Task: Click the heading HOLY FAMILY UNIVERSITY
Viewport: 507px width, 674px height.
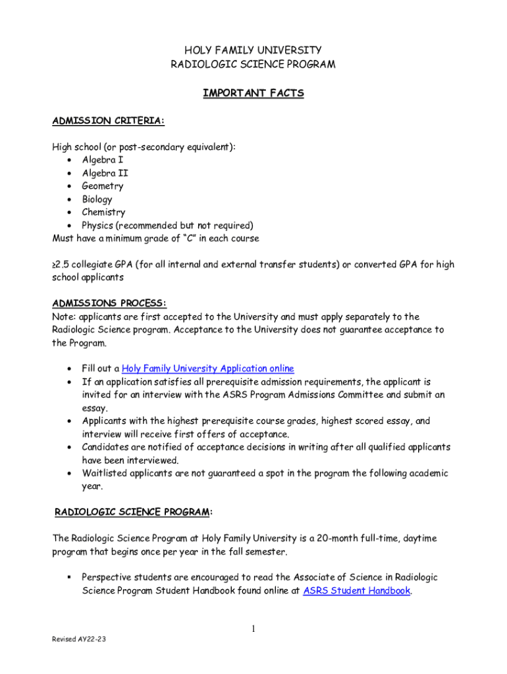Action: [253, 50]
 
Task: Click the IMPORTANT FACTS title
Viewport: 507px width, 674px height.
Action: [253, 93]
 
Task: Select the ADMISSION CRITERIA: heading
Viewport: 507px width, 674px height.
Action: [108, 121]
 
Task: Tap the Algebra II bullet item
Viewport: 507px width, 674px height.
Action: [105, 173]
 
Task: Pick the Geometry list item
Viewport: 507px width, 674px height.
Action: [102, 186]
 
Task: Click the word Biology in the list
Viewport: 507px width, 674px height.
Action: [97, 199]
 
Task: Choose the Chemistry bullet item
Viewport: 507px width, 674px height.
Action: [103, 213]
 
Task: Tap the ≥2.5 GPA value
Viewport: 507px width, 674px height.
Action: [63, 265]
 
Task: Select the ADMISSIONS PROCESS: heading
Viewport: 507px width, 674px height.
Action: [109, 303]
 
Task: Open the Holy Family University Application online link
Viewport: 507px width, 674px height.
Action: [207, 369]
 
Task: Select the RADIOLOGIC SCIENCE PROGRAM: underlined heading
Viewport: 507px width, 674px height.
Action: [133, 512]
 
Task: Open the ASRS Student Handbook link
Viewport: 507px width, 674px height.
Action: [356, 590]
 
